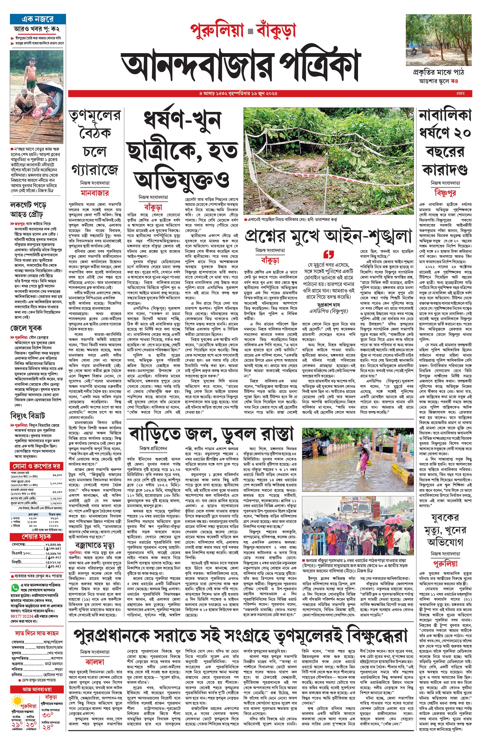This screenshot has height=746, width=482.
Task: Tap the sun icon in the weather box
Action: point(16,700)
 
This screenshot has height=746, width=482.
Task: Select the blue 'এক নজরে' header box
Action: point(38,19)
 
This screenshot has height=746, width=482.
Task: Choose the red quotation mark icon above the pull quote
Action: point(329,254)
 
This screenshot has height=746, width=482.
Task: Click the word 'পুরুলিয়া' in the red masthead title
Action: point(217,30)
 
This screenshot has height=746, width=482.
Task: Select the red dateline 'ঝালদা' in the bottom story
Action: point(95,662)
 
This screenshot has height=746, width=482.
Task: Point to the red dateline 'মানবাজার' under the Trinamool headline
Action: point(95,193)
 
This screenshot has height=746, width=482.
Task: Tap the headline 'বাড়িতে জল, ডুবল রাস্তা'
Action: point(211,434)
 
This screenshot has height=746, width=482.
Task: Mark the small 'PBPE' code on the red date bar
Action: point(460,93)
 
